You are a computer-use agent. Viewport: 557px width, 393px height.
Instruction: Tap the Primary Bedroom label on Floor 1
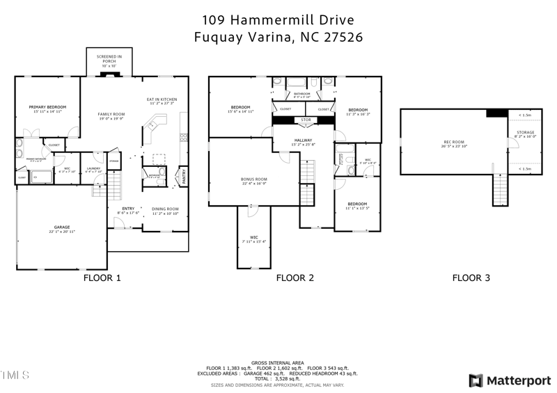(x=46, y=107)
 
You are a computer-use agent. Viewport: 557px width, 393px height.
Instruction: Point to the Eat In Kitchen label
(x=162, y=99)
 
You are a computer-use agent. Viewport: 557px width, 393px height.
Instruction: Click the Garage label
(x=62, y=227)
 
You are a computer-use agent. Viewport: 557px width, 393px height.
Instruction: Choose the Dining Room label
(x=166, y=209)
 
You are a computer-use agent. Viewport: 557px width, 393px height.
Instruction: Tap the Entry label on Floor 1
(x=128, y=209)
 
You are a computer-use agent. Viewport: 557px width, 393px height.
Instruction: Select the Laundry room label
(x=93, y=168)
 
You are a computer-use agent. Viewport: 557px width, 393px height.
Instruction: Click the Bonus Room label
(x=254, y=179)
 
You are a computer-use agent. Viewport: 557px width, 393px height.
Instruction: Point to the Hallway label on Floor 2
(x=303, y=141)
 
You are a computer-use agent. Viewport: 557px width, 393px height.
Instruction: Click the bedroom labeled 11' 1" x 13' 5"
(x=356, y=204)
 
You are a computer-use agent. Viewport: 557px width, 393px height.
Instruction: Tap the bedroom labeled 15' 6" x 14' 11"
(x=240, y=107)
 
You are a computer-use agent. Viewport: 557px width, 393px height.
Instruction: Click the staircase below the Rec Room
(x=501, y=189)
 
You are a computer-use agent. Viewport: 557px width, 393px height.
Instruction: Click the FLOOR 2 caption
(x=295, y=278)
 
